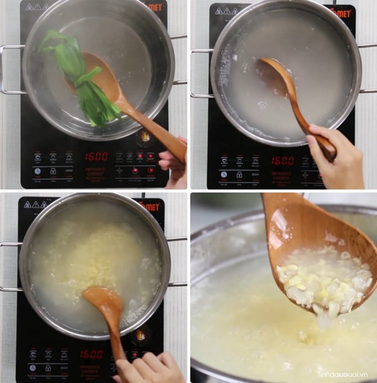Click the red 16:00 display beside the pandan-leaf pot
[x=96, y=157]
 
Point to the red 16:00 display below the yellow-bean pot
[x=91, y=354]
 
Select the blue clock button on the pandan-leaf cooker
[x=37, y=171]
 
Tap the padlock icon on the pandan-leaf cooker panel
[x=53, y=171]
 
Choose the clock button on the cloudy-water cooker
[x=224, y=174]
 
